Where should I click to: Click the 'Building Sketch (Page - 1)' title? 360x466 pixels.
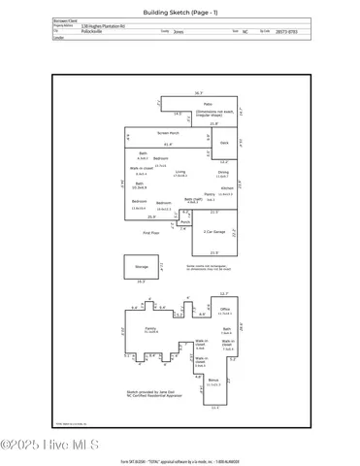point(180,12)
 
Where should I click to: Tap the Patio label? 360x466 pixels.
point(208,104)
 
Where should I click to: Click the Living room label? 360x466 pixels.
point(180,172)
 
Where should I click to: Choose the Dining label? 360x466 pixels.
point(222,172)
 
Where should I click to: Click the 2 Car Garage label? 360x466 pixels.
point(214,231)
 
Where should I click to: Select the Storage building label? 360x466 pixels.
point(142,264)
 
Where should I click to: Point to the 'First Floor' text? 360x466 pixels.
point(150,234)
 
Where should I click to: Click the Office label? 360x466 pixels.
point(224,309)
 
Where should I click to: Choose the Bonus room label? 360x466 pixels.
point(213,381)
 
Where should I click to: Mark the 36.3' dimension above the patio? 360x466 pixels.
point(198,93)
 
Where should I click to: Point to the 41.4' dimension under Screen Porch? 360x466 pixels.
point(169,144)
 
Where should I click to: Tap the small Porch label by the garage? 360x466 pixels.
point(184,221)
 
